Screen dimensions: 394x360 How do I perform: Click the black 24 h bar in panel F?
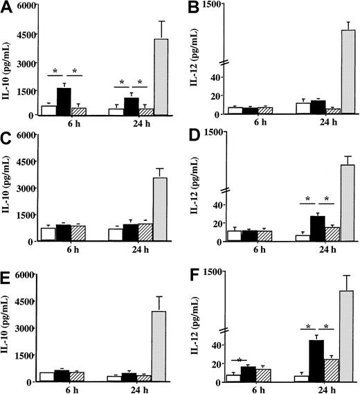click(x=316, y=361)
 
